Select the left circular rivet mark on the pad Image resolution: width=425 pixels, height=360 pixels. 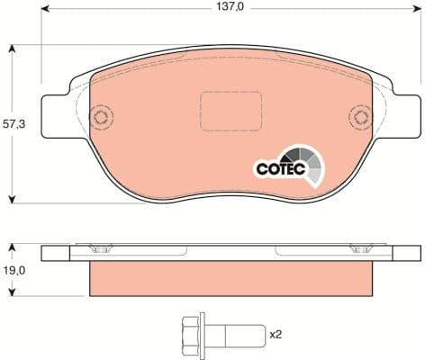click(101, 116)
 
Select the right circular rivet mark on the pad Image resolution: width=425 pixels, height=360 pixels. click(361, 116)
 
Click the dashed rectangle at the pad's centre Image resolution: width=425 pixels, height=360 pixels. click(222, 111)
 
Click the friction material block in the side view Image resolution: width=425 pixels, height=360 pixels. click(231, 279)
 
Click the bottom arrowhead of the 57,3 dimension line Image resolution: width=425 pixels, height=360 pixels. click(11, 201)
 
